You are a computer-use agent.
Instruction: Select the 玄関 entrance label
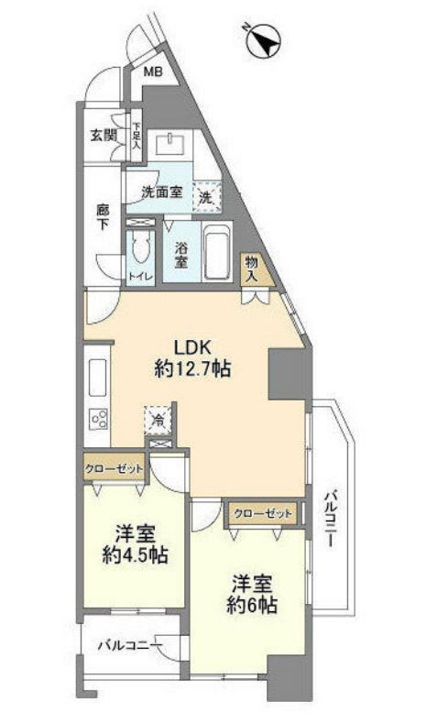(103, 136)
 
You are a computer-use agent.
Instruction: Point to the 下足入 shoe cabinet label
(137, 136)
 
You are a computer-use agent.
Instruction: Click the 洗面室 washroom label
(161, 192)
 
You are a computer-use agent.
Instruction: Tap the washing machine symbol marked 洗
(207, 197)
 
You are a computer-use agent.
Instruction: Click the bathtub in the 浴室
(217, 252)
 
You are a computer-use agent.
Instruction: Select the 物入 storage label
(252, 269)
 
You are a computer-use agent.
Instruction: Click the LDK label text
(191, 346)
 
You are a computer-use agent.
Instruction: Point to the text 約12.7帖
(192, 368)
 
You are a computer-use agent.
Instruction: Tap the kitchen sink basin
(97, 377)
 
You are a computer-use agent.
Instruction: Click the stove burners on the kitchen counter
(99, 419)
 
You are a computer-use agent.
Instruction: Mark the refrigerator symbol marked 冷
(158, 420)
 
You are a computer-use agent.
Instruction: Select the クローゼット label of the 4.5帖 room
(114, 469)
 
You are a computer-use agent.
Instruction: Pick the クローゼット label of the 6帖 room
(263, 513)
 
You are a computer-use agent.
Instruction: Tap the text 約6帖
(252, 605)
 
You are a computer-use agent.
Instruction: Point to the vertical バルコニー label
(330, 518)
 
